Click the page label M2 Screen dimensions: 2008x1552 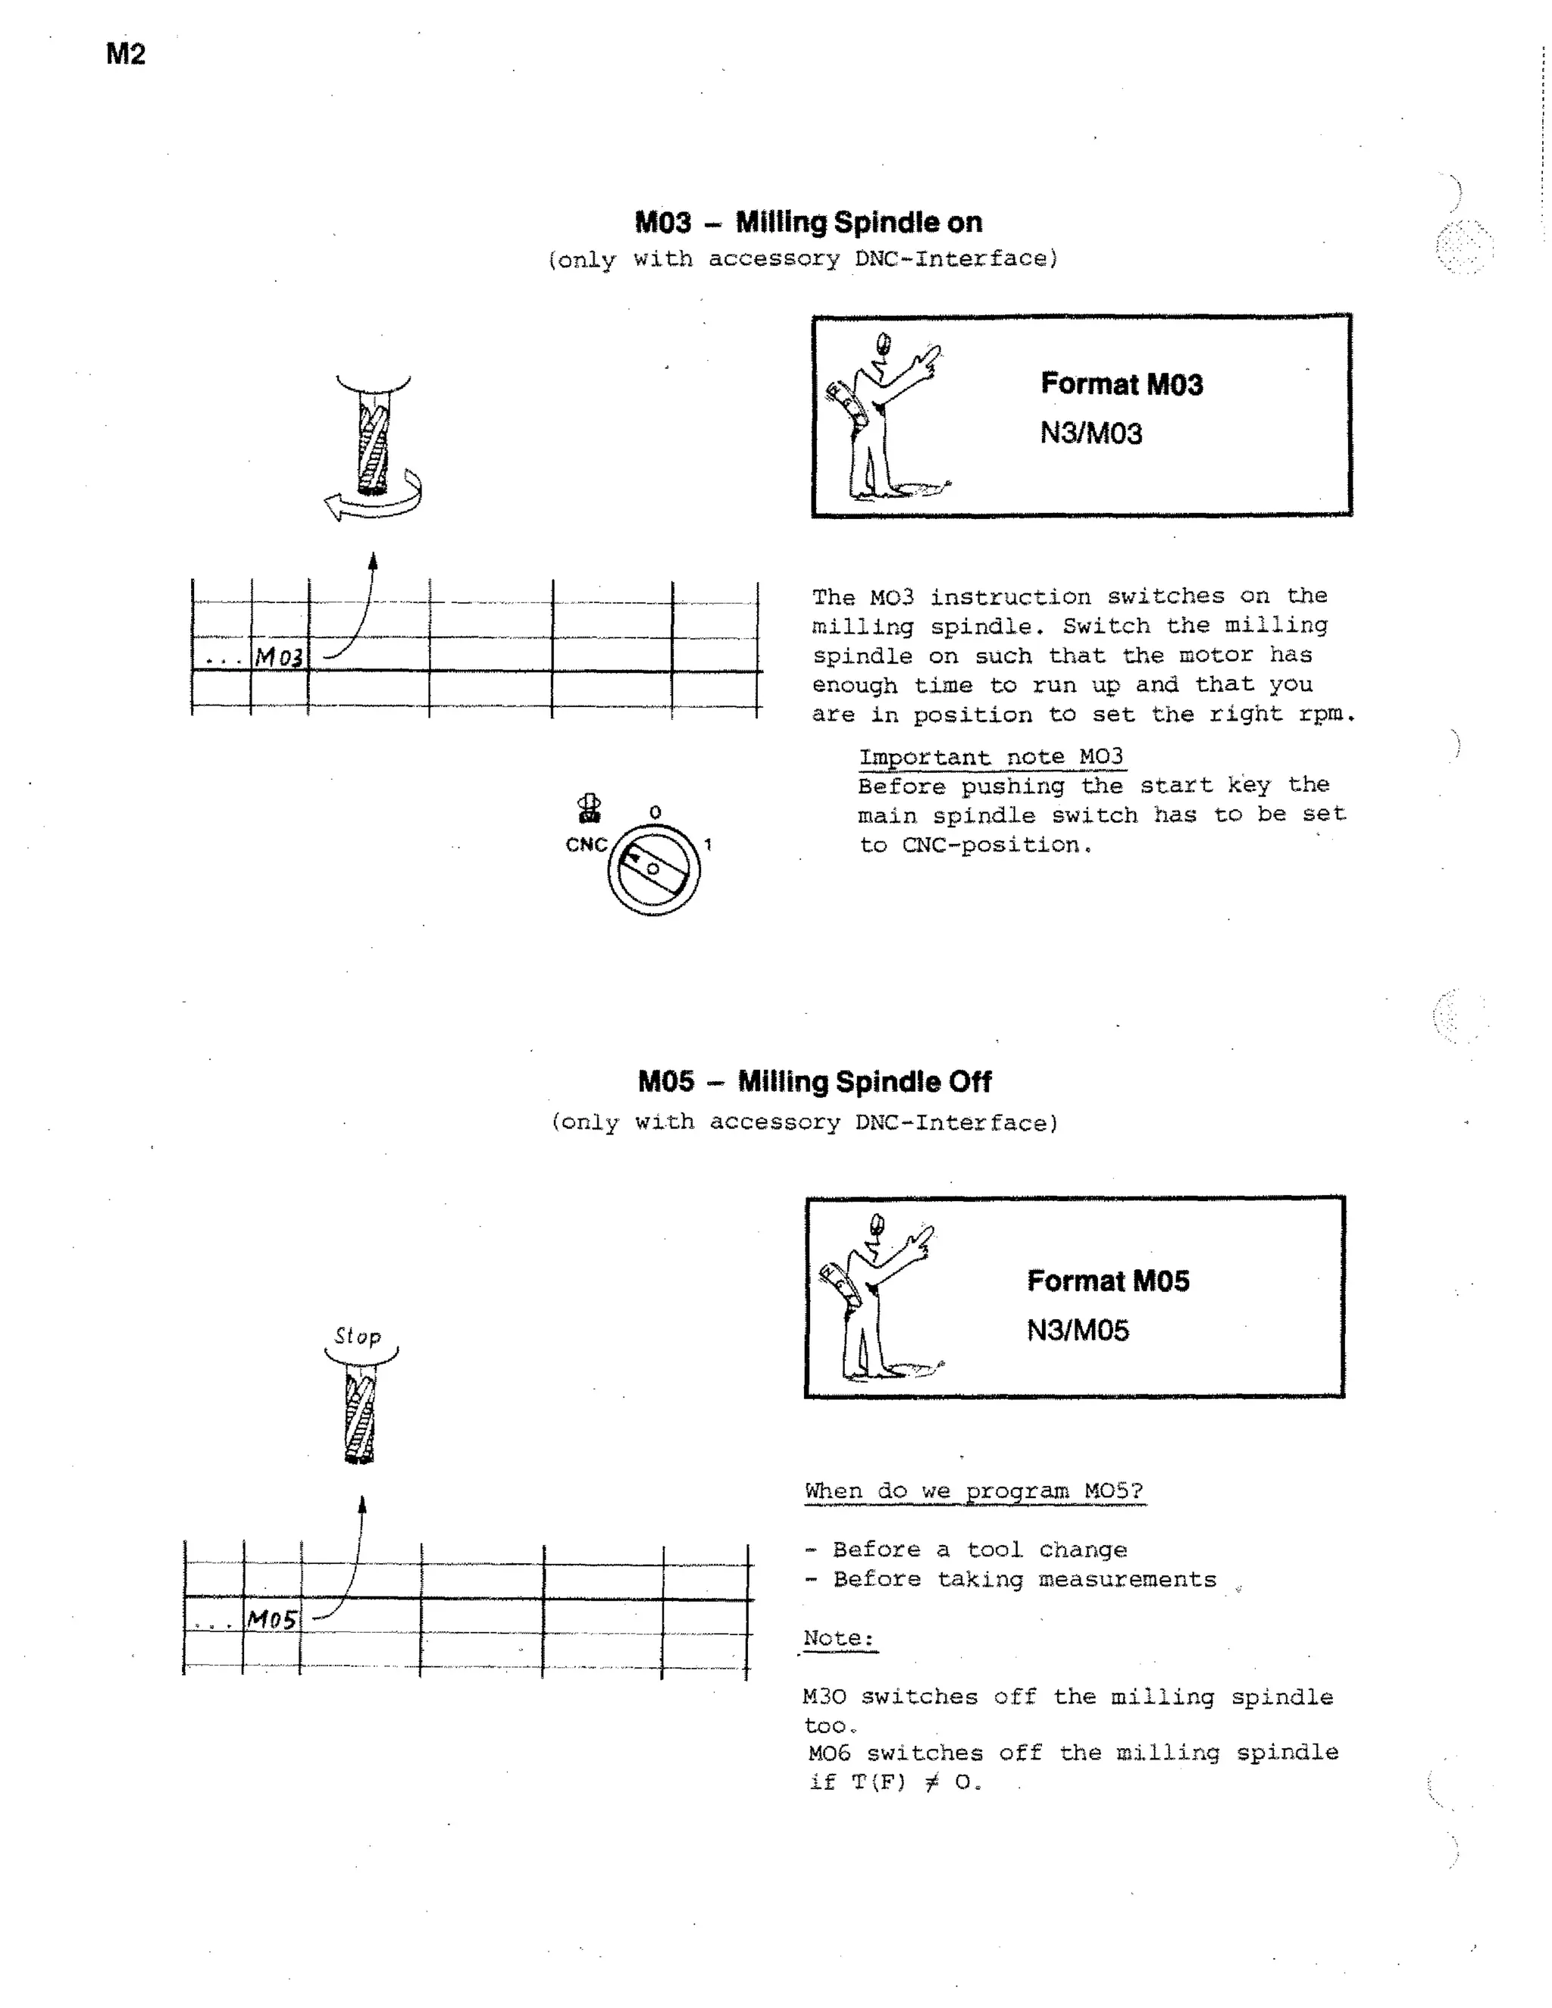coord(126,55)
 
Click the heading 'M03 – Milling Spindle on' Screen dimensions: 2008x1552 coord(808,223)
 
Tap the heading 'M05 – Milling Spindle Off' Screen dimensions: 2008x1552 coord(814,1081)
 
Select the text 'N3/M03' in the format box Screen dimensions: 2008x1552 coord(1090,433)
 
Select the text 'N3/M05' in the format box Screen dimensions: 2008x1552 coord(1078,1331)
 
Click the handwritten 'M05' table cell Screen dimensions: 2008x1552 coord(272,1619)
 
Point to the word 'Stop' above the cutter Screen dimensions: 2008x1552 coord(358,1336)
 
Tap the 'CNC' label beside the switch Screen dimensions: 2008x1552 coord(586,845)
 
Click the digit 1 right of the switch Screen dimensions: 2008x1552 coord(708,844)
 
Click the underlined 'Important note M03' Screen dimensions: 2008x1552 coord(991,757)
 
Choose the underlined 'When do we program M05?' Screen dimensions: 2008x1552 coord(974,1490)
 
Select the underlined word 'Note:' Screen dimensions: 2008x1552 coord(839,1637)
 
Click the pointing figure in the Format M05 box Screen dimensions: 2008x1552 coord(874,1298)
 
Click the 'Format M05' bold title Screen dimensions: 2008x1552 coord(1108,1281)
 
